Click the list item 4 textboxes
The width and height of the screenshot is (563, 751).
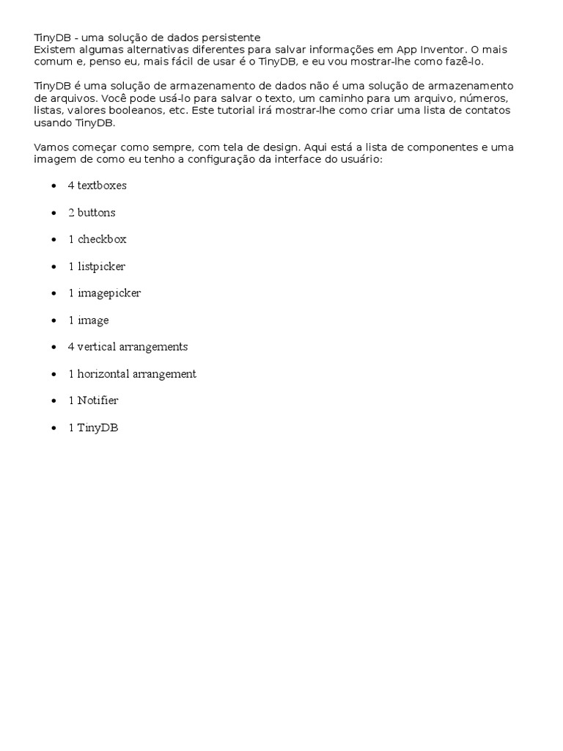97,186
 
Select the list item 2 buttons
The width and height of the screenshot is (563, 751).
92,213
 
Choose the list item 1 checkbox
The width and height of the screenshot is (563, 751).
97,239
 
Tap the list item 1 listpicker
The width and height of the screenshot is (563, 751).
97,266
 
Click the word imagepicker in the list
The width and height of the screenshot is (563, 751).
109,293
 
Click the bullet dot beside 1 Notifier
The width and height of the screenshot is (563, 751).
54,401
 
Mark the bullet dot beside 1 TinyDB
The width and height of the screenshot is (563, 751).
54,428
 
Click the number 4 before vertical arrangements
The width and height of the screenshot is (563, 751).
71,347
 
